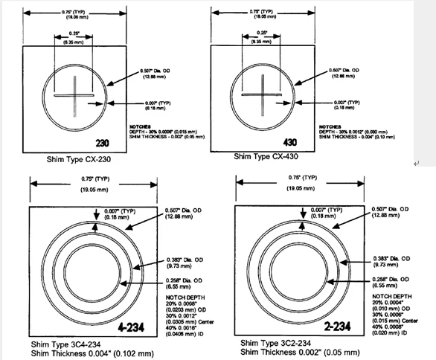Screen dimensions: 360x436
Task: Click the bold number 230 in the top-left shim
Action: (x=102, y=142)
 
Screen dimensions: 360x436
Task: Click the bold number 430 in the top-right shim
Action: (x=292, y=141)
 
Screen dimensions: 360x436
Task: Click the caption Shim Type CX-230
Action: (x=77, y=158)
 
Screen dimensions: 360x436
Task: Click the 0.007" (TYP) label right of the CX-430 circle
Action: (x=344, y=102)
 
